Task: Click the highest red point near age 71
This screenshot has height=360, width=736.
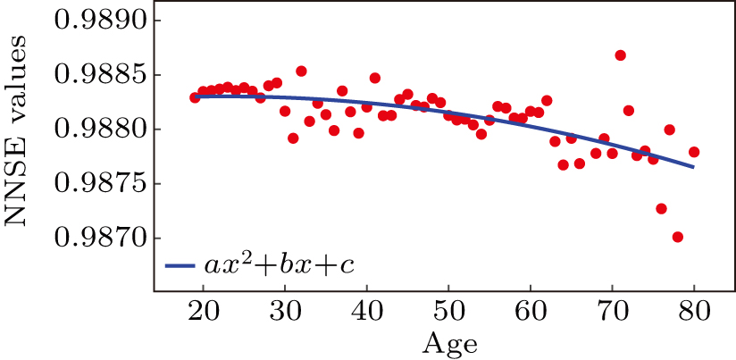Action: (620, 55)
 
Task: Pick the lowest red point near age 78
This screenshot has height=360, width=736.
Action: (678, 237)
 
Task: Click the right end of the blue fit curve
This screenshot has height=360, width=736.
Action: (693, 166)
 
